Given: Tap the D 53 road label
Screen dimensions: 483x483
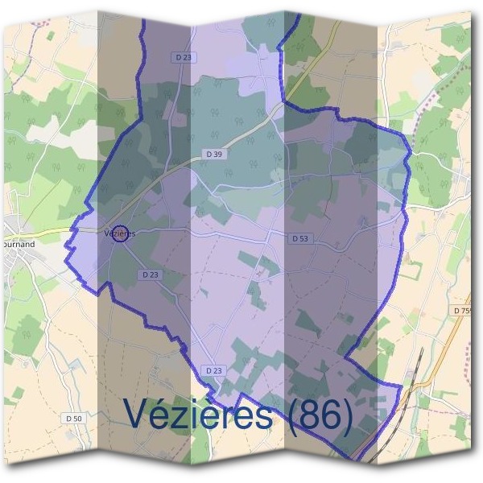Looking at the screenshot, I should [300, 238].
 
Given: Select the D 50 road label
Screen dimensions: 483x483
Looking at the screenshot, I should [73, 419].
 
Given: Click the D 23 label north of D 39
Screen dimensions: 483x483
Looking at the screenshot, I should [184, 58].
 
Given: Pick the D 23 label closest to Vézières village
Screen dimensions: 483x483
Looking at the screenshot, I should [151, 275].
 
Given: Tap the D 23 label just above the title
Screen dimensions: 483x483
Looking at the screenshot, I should [213, 370].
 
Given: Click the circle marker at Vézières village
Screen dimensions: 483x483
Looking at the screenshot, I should [120, 233].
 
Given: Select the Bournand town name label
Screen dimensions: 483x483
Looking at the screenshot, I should [18, 242].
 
